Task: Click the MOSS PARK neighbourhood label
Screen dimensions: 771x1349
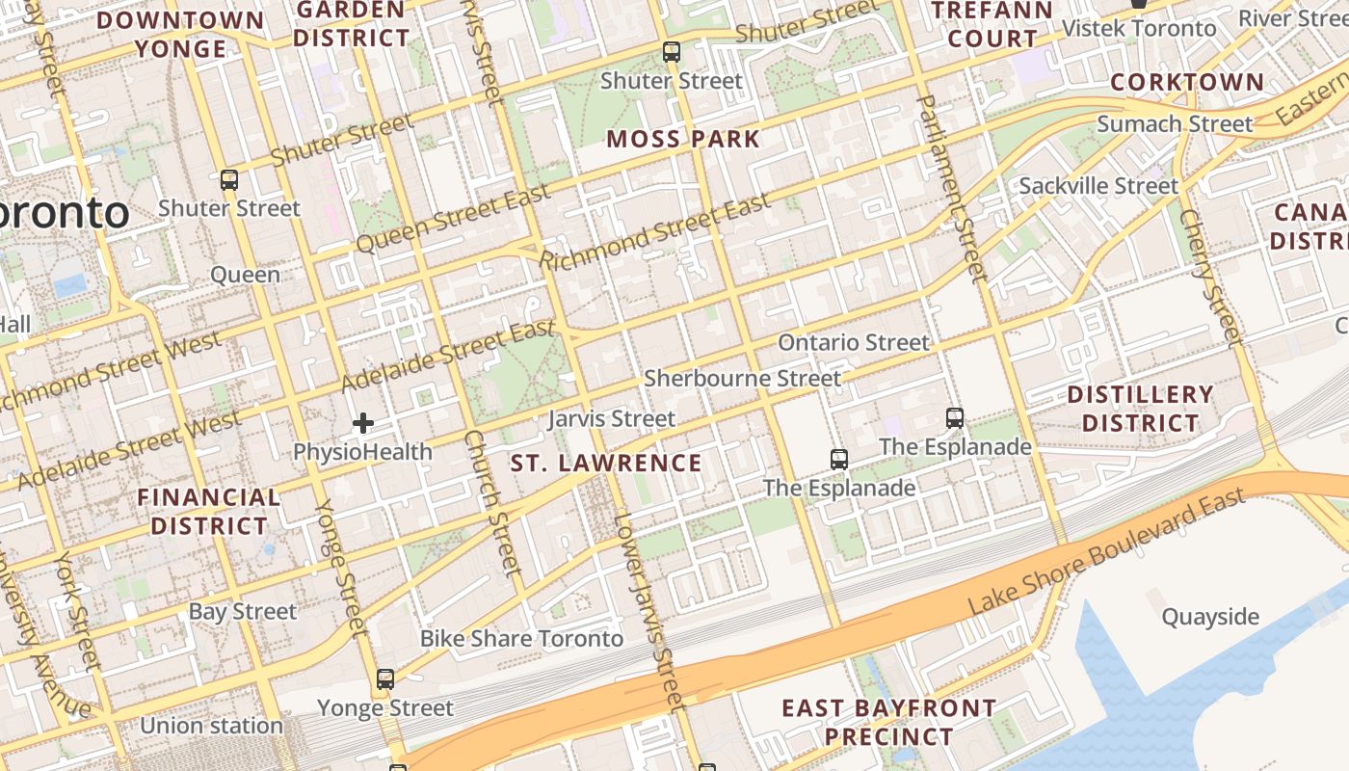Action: click(683, 139)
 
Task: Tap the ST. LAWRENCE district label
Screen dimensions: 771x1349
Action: click(606, 464)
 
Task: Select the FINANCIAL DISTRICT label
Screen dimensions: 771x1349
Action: click(208, 512)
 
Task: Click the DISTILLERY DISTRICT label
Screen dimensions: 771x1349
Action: click(1140, 409)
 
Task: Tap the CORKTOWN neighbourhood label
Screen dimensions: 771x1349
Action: click(1186, 82)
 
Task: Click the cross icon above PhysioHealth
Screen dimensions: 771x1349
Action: click(363, 423)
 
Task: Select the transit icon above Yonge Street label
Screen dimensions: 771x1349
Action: click(385, 679)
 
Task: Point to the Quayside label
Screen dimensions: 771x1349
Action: click(1210, 617)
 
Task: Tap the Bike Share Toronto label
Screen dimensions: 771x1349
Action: click(521, 639)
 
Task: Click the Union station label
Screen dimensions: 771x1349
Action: click(211, 726)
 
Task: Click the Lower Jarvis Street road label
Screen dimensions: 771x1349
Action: click(650, 613)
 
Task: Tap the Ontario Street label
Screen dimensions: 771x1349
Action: click(854, 343)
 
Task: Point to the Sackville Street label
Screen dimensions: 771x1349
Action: click(1098, 186)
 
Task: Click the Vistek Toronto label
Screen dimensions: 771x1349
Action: click(1139, 28)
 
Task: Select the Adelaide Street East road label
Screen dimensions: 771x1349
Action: click(449, 356)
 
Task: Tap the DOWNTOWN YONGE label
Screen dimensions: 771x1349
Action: click(180, 34)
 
